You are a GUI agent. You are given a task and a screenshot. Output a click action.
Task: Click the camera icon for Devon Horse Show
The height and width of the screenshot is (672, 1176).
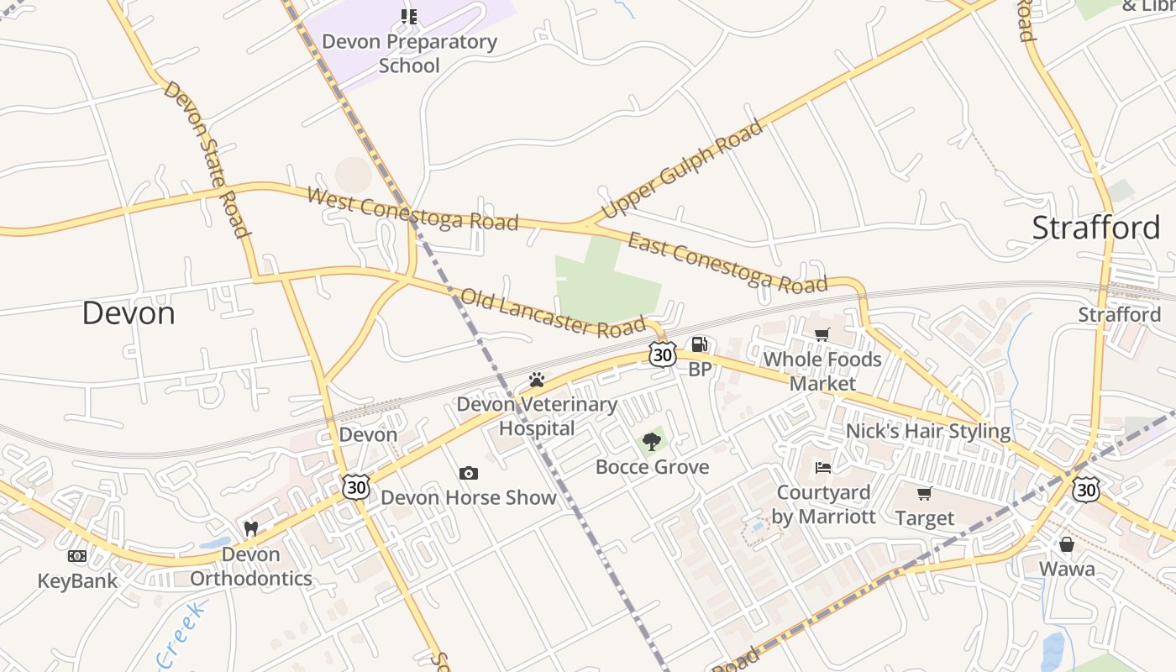[x=469, y=474]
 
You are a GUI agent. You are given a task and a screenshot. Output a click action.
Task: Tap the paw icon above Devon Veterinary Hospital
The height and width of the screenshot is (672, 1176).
[x=537, y=380]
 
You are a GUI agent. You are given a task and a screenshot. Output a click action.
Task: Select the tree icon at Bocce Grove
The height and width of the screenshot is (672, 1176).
[x=652, y=442]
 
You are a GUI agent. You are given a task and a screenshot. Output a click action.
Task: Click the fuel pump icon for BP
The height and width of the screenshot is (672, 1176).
[x=699, y=344]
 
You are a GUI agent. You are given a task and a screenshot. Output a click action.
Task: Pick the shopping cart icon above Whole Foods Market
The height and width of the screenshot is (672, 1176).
[x=822, y=335]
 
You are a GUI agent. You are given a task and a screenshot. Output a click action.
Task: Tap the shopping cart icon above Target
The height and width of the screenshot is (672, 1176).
[x=925, y=493]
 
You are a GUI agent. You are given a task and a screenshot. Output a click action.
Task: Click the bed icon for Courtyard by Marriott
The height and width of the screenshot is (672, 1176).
[x=823, y=467]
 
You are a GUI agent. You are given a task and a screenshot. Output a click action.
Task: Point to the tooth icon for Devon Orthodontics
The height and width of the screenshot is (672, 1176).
[x=250, y=529]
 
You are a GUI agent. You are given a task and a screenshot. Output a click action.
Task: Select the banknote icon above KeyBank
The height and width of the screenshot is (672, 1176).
[x=77, y=556]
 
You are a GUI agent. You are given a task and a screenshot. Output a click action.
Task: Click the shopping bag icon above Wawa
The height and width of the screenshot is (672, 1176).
[x=1067, y=544]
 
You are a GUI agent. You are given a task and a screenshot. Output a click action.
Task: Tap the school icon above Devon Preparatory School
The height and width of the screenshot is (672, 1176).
[x=409, y=17]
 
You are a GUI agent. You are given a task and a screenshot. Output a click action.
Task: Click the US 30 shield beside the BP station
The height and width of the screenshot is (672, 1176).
[x=663, y=354]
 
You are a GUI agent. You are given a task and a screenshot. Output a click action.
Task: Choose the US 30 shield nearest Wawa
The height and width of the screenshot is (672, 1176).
[x=1085, y=488]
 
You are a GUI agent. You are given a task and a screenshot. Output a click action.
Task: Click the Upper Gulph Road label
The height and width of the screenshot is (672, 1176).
[x=682, y=168]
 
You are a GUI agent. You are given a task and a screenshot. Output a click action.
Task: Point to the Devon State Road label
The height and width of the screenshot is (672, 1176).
[x=207, y=159]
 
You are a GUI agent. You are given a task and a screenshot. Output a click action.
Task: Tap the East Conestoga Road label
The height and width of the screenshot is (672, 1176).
[x=727, y=263]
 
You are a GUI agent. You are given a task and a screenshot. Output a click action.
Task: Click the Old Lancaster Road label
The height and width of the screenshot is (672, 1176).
[x=553, y=312]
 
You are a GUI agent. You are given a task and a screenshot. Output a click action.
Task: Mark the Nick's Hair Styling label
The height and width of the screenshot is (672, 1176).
[x=927, y=431]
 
